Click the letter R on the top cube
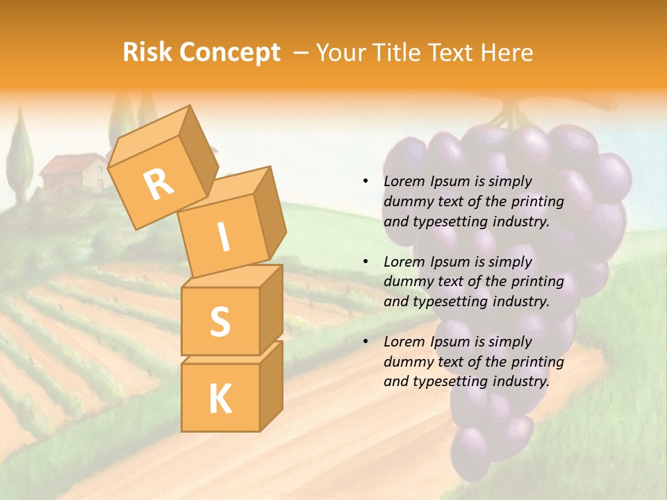[x=159, y=185]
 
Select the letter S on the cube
[x=220, y=321]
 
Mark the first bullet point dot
[x=365, y=182]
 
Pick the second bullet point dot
[x=365, y=262]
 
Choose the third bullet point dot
[x=365, y=342]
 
